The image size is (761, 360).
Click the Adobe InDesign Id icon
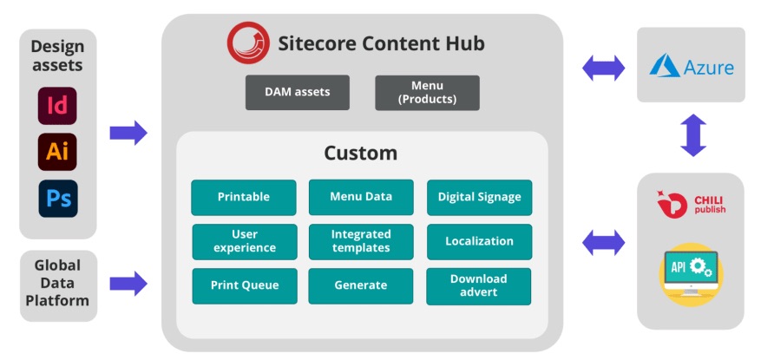point(57,106)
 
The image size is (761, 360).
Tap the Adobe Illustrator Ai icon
point(57,152)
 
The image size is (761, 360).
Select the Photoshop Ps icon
point(57,198)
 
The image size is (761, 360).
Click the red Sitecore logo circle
point(247,43)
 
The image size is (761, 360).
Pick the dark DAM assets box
point(298,92)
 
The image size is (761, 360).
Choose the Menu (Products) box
point(427,92)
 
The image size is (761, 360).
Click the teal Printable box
point(244,197)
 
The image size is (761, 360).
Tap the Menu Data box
point(361,197)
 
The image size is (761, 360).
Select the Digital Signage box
point(479,197)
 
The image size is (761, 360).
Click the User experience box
point(244,241)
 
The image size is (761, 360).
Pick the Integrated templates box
point(361,241)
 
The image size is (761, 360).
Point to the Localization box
point(479,241)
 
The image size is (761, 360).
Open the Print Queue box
point(244,285)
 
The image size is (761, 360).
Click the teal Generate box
point(361,285)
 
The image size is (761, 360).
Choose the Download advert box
point(479,285)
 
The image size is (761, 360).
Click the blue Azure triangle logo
point(665,66)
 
